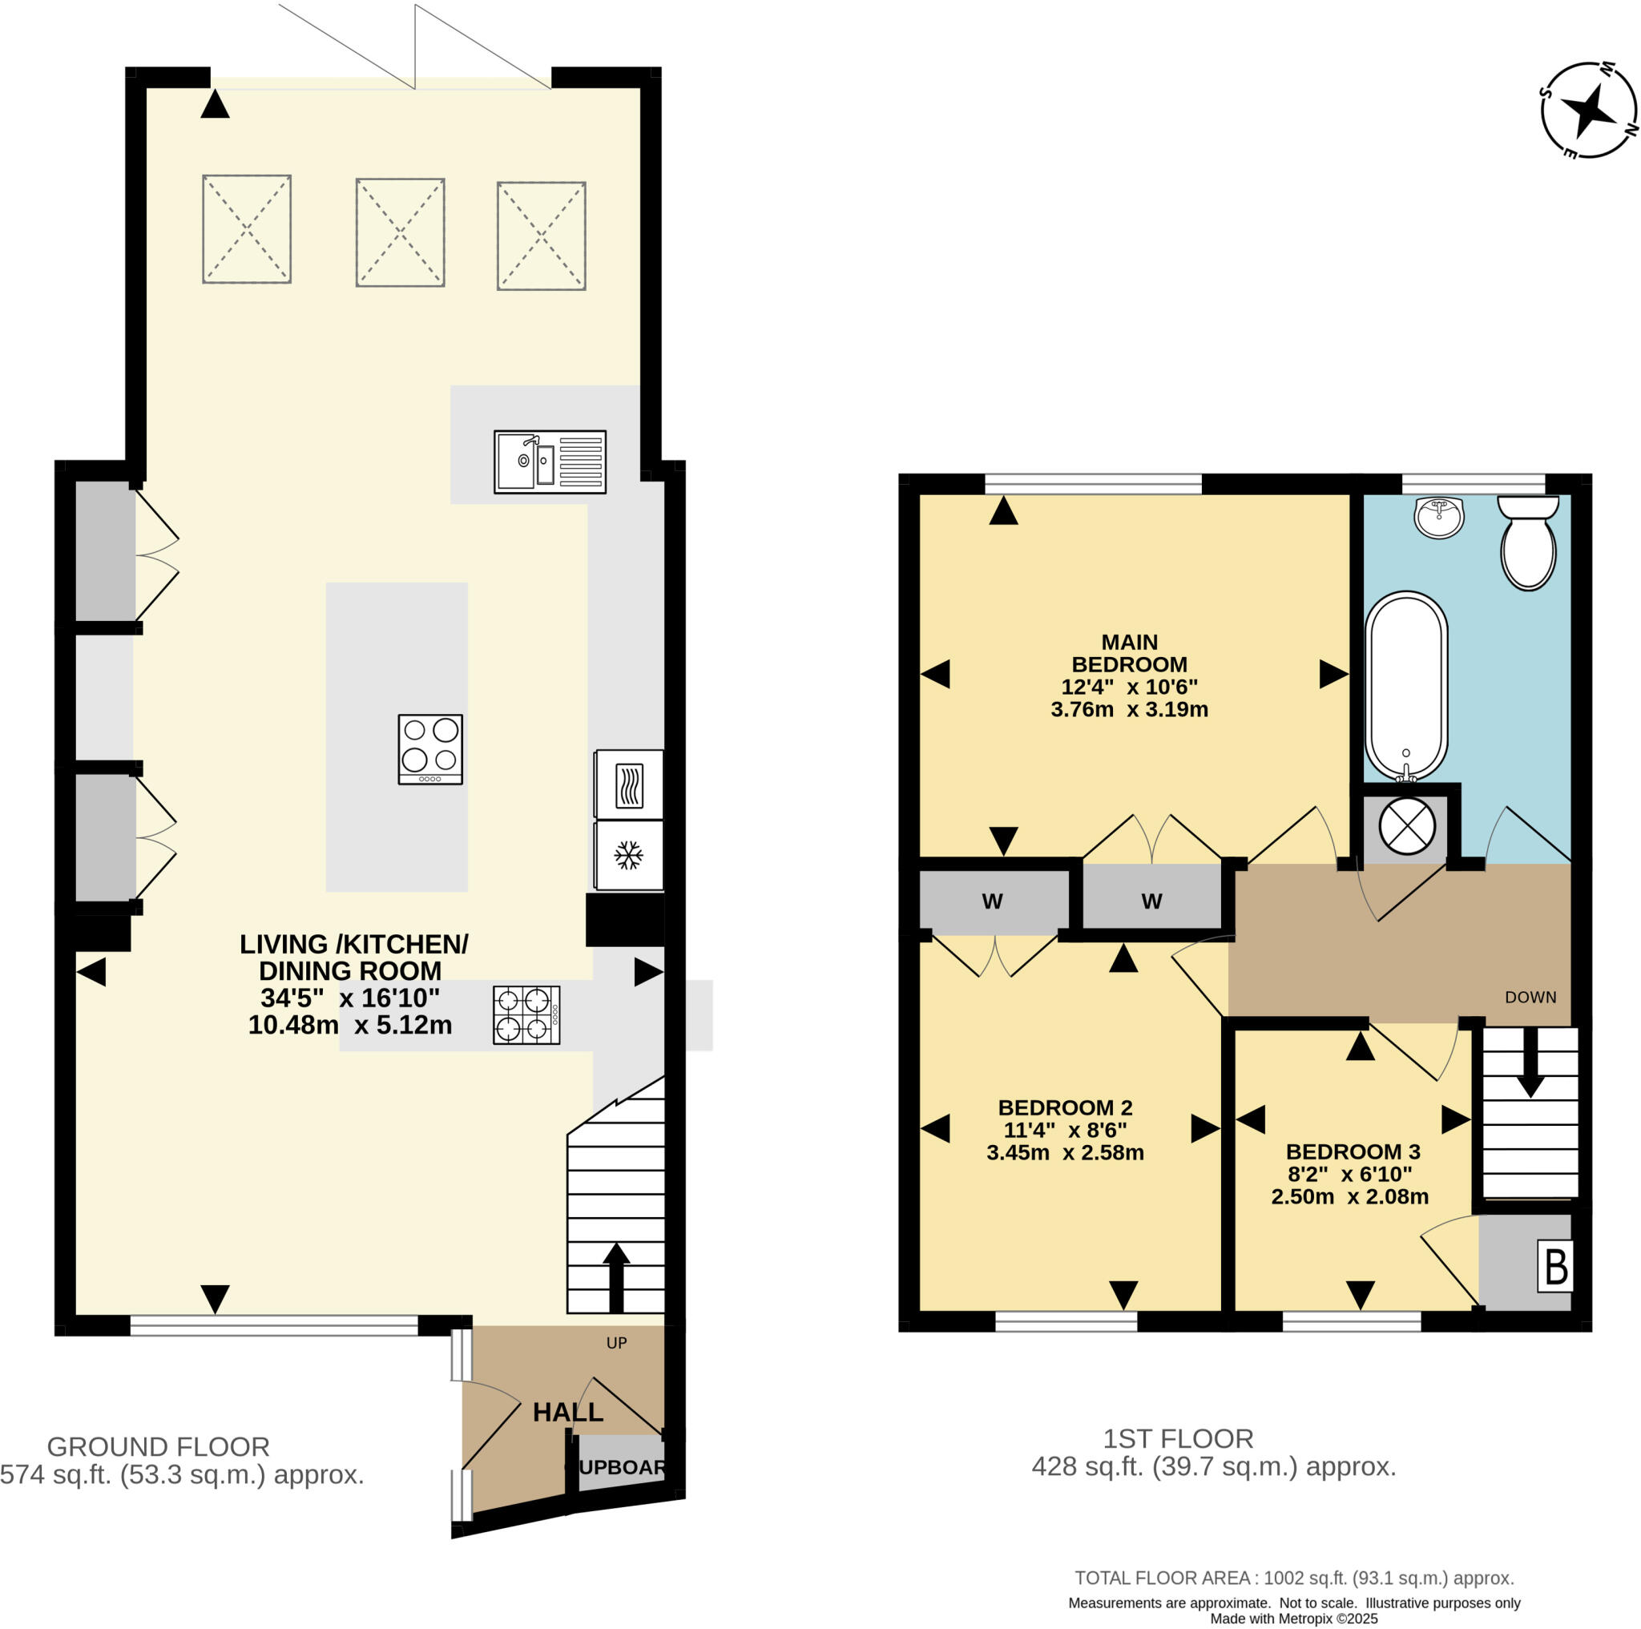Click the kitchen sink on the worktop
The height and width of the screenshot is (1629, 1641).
[550, 462]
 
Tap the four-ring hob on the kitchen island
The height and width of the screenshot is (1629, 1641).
[430, 748]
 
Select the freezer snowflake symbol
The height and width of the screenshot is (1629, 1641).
[628, 855]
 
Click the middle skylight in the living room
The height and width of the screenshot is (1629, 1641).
[400, 232]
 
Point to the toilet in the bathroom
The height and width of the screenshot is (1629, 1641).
[1528, 544]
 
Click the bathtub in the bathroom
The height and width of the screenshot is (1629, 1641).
[1405, 686]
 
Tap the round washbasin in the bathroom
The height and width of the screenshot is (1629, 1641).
[1440, 518]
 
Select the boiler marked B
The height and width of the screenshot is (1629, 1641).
[1555, 1266]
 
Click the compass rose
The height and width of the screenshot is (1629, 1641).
[1587, 111]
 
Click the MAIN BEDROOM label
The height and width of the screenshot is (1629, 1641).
[1129, 653]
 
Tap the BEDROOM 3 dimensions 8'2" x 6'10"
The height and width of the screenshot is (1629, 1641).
[1349, 1174]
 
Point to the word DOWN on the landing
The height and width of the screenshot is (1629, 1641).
[1530, 997]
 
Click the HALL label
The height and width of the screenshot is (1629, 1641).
[567, 1412]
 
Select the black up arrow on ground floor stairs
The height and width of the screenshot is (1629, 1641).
[616, 1277]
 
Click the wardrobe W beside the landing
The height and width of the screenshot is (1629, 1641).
[1151, 901]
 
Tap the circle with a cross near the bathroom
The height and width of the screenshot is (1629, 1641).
[1406, 825]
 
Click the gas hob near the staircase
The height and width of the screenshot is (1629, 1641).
[526, 1015]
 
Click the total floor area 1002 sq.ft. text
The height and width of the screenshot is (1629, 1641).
[1295, 1577]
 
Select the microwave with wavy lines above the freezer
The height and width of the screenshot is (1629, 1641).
[628, 784]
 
